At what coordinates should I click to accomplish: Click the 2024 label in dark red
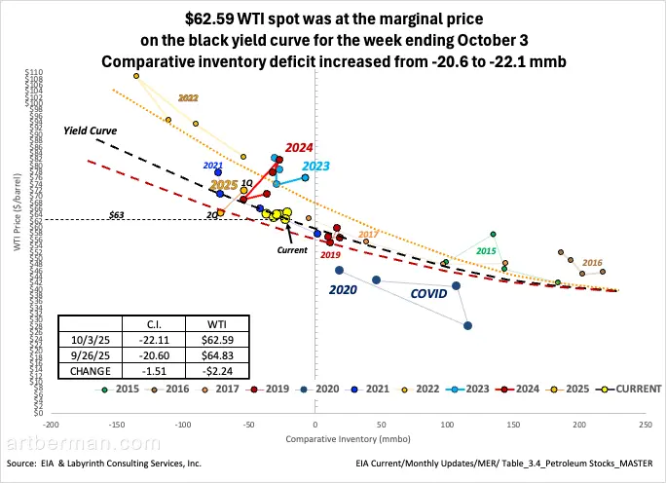(299, 147)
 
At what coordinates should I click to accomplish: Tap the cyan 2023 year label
(302, 167)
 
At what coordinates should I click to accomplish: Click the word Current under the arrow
(292, 250)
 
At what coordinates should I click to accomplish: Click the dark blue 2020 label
(343, 290)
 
